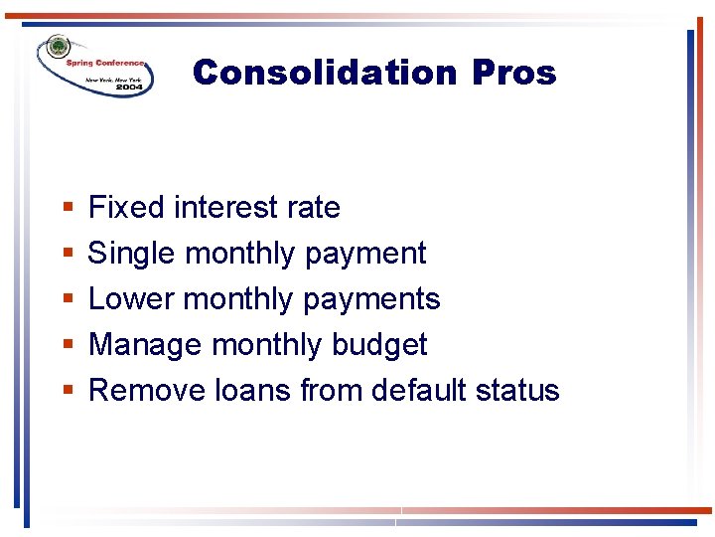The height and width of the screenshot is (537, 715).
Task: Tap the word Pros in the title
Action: [x=514, y=73]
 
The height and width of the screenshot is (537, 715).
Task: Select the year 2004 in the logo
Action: [x=129, y=88]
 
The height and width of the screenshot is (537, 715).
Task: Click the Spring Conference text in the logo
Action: [x=105, y=63]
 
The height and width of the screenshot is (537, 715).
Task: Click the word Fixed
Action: [x=127, y=208]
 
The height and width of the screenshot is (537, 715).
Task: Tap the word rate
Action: [x=314, y=208]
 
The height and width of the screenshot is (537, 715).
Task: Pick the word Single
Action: [x=133, y=254]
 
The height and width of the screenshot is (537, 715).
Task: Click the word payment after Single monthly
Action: [x=365, y=255]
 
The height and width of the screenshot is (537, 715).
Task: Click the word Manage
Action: [x=146, y=345]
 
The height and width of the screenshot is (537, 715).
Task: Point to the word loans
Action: [x=252, y=391]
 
